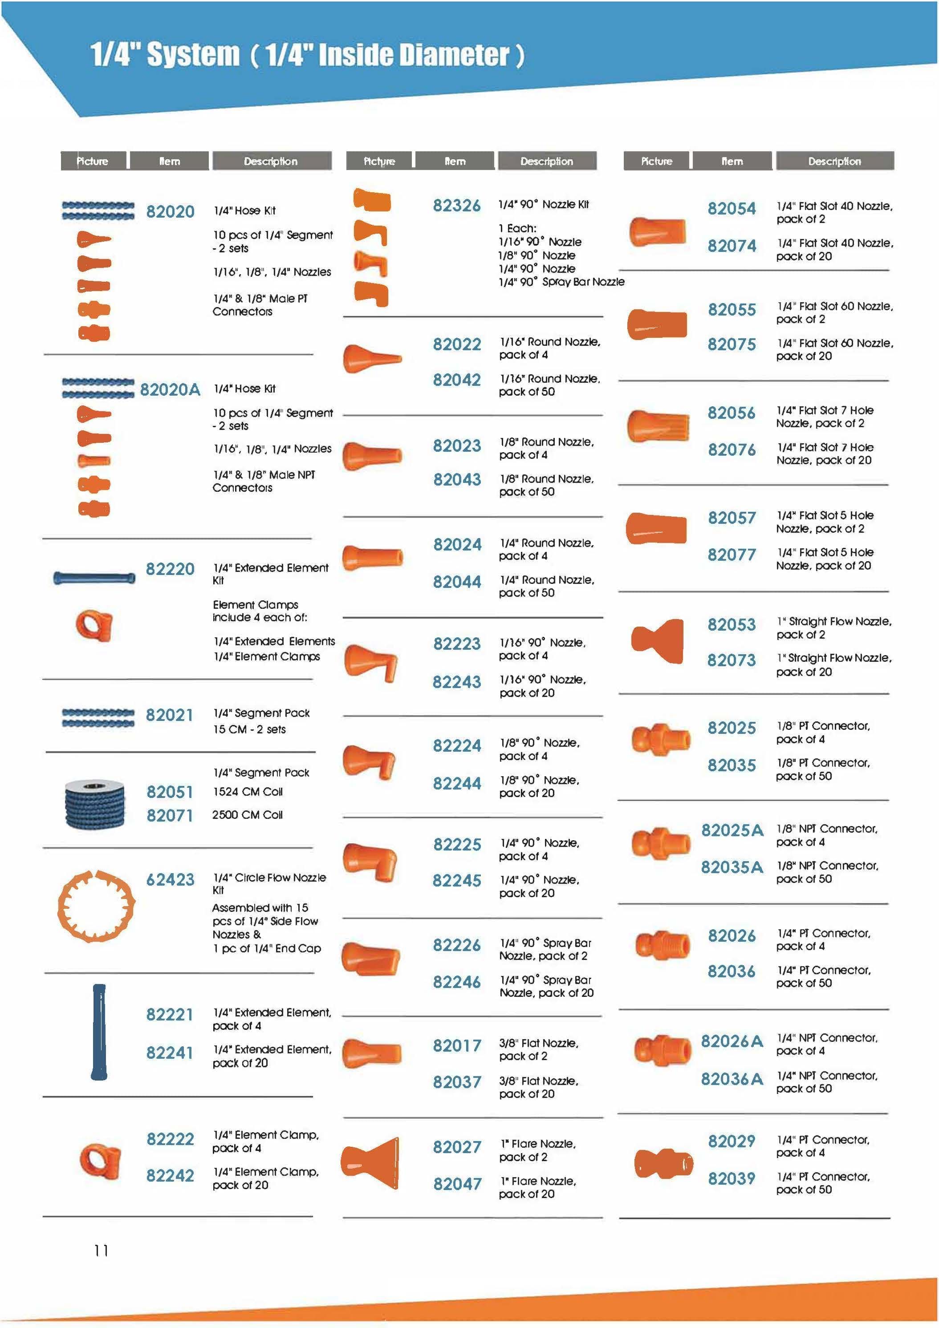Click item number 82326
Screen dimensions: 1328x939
click(x=456, y=205)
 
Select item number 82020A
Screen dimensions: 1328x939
click(x=170, y=389)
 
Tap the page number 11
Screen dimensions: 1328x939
click(x=101, y=1251)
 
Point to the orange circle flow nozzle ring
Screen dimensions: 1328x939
click(x=96, y=906)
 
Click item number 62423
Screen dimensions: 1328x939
click(x=170, y=880)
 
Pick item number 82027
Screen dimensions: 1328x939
click(x=456, y=1147)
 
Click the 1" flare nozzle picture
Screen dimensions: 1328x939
click(x=371, y=1162)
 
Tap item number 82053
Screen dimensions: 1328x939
click(x=731, y=625)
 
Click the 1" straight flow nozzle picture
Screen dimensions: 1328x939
click(x=658, y=641)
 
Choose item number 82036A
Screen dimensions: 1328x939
click(x=731, y=1079)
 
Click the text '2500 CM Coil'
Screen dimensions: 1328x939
click(x=247, y=815)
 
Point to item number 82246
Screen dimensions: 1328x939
click(x=456, y=982)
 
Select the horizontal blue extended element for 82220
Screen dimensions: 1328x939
click(x=94, y=577)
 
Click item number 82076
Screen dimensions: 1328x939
click(x=731, y=449)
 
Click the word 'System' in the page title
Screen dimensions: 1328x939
click(x=193, y=55)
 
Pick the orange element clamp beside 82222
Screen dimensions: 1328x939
click(x=100, y=1160)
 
